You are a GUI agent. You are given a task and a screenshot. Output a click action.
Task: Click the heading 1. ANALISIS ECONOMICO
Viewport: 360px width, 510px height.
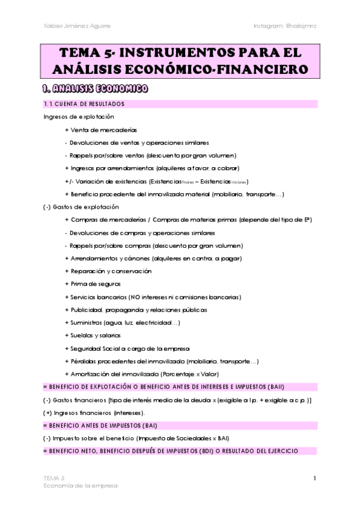pyautogui.click(x=96, y=90)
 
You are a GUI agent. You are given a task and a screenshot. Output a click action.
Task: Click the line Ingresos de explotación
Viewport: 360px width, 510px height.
pyautogui.click(x=79, y=117)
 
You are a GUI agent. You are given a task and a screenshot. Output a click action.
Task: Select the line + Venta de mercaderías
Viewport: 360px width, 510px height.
pyautogui.click(x=100, y=130)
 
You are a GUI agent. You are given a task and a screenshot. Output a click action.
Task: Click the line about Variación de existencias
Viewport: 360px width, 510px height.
pyautogui.click(x=156, y=181)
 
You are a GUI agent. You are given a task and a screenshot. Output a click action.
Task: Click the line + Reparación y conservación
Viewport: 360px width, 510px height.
pyautogui.click(x=108, y=271)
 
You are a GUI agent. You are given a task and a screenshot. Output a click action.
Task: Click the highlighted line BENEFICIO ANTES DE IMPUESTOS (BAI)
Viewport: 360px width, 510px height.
pyautogui.click(x=104, y=425)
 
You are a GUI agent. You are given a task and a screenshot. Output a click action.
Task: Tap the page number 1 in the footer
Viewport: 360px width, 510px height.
pyautogui.click(x=314, y=478)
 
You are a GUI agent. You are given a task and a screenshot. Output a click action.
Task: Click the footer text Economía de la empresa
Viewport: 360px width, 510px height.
pyautogui.click(x=81, y=484)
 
